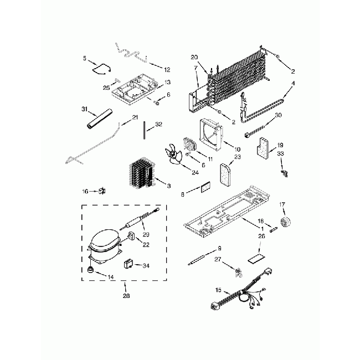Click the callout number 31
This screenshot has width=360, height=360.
tap(84, 108)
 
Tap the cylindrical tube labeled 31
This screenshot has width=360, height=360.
tap(99, 121)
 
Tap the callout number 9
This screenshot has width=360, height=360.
tap(220, 248)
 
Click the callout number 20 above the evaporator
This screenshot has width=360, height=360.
tap(194, 58)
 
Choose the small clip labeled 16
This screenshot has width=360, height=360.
tap(102, 191)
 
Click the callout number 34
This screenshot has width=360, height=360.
tap(146, 265)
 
